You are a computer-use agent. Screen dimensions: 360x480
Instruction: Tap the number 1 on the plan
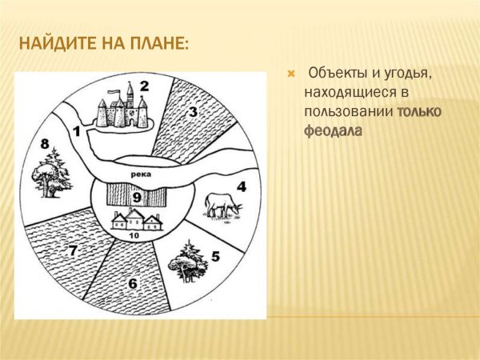(x=76, y=130)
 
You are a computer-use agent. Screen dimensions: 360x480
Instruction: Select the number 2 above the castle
(x=144, y=86)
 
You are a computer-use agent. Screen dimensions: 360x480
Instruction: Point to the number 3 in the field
(x=192, y=112)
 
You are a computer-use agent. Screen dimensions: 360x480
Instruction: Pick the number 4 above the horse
(x=241, y=188)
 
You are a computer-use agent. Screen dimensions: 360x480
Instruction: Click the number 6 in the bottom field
(x=132, y=283)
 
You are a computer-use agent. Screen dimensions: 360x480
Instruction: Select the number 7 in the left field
(x=72, y=251)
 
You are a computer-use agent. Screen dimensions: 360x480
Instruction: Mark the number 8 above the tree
(x=45, y=144)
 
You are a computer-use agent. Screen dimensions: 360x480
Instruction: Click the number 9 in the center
(x=137, y=197)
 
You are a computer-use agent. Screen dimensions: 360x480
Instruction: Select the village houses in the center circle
(x=136, y=219)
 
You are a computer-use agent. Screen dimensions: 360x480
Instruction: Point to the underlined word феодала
(x=333, y=130)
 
